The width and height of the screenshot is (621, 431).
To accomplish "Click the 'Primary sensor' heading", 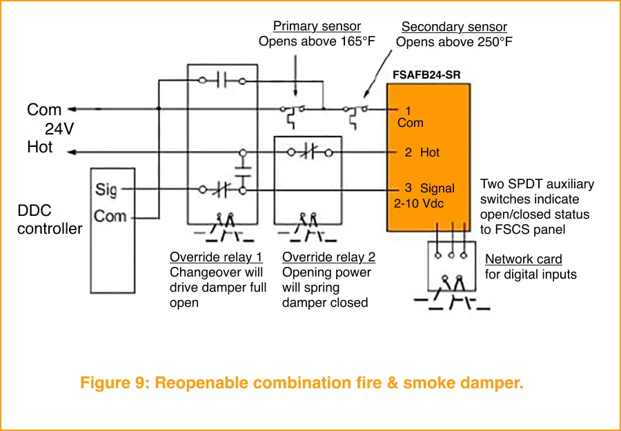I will tap(317, 26).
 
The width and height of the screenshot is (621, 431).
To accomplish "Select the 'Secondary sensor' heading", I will tap(454, 27).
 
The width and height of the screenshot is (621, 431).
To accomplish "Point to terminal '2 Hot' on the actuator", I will tap(422, 152).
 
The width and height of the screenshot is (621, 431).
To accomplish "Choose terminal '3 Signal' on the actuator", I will tap(429, 188).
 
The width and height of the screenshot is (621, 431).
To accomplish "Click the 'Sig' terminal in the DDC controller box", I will tap(107, 190).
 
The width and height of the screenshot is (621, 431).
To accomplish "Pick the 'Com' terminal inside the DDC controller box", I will tap(110, 217).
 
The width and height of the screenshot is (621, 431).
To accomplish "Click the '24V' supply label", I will tap(59, 128).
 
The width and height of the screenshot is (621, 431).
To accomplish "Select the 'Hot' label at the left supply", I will tap(40, 148).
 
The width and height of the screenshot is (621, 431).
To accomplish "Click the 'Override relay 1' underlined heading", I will tap(216, 258).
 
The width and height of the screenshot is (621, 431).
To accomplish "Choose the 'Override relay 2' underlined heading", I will tap(329, 258).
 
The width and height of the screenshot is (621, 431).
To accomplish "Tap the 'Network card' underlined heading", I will tap(524, 259).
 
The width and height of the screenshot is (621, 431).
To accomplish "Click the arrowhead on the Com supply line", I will tap(73, 109).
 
